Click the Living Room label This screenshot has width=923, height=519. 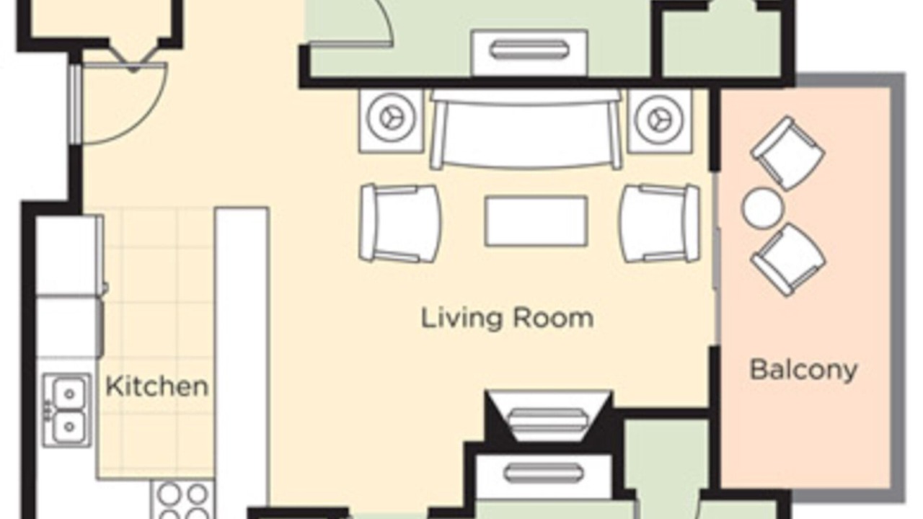point(507,319)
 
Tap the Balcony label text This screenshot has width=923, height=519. point(803,370)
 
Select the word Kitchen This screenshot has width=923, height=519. point(156,386)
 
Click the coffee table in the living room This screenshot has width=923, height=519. point(536,221)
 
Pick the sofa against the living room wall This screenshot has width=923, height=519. point(526,130)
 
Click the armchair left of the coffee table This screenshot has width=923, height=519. point(399,223)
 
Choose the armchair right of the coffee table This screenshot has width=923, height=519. point(660,223)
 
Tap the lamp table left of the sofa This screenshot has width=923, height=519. point(391,120)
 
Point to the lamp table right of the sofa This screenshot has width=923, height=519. point(660,120)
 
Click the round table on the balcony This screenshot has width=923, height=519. point(762,208)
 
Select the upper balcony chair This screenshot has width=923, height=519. point(787,154)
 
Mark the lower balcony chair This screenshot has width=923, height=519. point(788,260)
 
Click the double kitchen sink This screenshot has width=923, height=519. point(67,410)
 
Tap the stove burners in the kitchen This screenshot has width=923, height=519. point(182,500)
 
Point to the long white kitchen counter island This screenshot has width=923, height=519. point(242,363)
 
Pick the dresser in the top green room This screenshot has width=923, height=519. point(530,53)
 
